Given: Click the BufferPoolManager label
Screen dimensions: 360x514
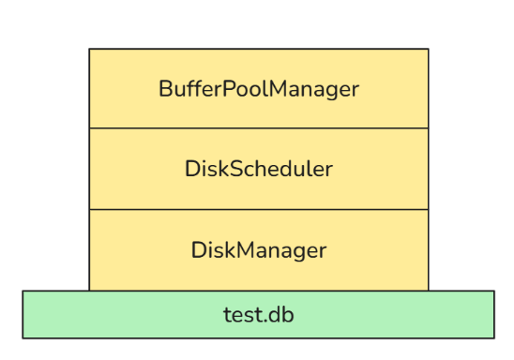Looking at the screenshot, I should tap(259, 89).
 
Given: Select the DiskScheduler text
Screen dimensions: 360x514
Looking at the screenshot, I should tap(259, 170).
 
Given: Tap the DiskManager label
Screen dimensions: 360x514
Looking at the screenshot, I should tap(259, 250).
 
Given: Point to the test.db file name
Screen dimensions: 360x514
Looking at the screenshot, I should tap(259, 314).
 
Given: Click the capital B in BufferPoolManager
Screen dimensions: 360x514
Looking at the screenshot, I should tap(165, 89).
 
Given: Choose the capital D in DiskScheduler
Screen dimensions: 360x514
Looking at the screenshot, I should tap(191, 170).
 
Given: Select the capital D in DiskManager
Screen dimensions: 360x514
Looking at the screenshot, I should tap(198, 250).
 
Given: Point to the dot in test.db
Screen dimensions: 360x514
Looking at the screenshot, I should tap(266, 320).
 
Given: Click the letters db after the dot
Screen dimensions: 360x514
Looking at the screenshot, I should tap(282, 314).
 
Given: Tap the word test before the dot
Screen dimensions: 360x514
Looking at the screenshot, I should tap(243, 315).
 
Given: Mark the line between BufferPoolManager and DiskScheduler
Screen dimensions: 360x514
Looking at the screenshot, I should tap(259, 128).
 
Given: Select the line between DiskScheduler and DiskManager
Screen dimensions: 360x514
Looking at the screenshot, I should tap(259, 209).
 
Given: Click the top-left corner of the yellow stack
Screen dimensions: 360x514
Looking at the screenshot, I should tap(90, 50).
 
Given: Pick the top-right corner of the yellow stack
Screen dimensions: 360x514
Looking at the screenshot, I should tap(428, 50).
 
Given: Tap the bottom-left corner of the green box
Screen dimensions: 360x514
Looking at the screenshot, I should tap(23, 337).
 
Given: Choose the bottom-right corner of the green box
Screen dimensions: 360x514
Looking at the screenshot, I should tap(493, 337).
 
